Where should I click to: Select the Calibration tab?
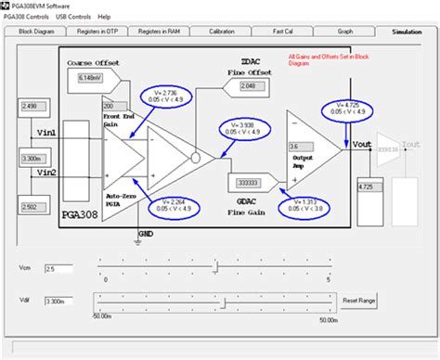coord(223,31)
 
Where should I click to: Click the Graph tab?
coord(345,31)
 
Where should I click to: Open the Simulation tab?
coord(405,31)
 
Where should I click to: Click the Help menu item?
coord(104,17)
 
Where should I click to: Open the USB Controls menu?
coord(73,17)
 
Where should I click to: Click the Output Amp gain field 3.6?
coord(300,147)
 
